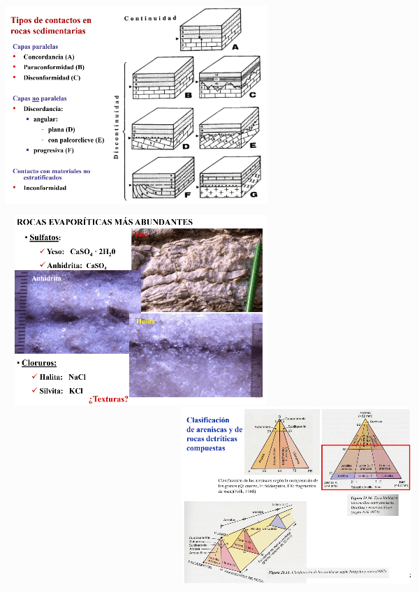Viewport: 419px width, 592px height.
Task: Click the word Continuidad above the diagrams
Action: point(150,17)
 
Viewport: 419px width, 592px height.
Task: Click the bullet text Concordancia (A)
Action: point(49,56)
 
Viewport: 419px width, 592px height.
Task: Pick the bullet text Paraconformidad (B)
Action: point(54,67)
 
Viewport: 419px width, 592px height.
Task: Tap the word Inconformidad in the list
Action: point(45,188)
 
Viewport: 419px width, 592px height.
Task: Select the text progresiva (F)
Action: point(54,150)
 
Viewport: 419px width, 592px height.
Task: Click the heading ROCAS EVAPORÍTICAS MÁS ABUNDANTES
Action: point(105,221)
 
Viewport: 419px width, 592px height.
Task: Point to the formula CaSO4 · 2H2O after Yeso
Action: point(93,251)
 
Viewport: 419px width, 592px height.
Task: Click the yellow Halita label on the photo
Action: point(145,321)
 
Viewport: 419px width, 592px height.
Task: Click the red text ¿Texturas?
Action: point(108,399)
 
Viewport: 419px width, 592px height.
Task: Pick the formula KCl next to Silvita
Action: point(76,390)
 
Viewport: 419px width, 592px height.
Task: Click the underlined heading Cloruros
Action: point(41,363)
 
